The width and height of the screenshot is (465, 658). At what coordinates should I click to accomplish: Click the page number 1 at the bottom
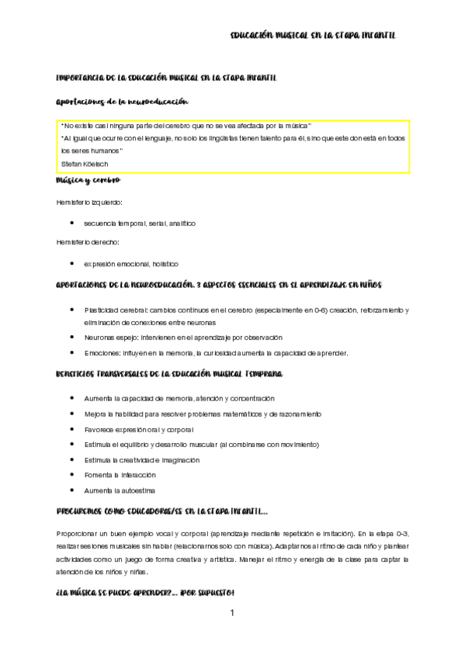(x=231, y=612)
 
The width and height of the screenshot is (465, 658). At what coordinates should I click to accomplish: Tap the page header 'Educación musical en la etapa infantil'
(x=314, y=36)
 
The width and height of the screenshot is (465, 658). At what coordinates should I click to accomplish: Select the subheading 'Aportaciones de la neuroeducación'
(x=123, y=102)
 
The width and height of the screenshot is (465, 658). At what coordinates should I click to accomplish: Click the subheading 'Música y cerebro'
(x=88, y=180)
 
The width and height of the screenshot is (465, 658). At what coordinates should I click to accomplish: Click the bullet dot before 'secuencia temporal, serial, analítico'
(x=71, y=223)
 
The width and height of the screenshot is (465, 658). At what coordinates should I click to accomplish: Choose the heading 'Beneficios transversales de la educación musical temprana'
(x=169, y=374)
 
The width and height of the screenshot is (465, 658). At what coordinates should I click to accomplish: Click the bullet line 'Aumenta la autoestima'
(x=120, y=490)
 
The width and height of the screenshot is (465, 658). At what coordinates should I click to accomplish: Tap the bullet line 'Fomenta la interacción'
(x=120, y=474)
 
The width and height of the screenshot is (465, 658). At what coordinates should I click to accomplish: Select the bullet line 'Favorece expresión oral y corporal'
(x=139, y=429)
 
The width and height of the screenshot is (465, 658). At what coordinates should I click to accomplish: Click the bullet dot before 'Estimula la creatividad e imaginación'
(x=71, y=459)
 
